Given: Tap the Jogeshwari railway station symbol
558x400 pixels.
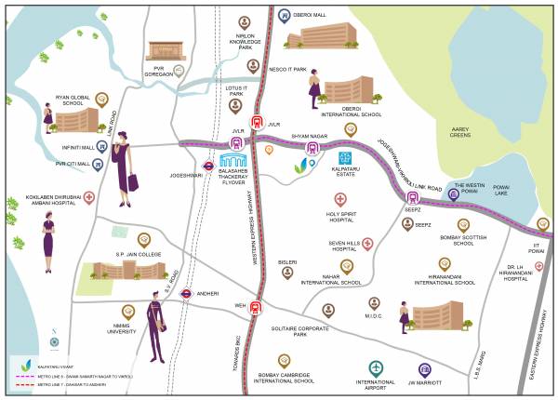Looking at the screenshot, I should tap(209, 168).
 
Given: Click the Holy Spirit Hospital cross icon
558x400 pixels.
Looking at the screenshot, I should tap(340, 199).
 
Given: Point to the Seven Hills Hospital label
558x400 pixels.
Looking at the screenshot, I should tap(343, 246).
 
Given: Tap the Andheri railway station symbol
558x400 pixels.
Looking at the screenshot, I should tap(186, 293).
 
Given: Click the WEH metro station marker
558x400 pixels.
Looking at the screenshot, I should tap(256, 308).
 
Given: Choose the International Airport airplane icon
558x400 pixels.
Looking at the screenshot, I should tap(375, 367).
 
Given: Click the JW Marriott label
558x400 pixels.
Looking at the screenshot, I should tap(423, 381).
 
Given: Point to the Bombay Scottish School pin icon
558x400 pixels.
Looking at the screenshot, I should tap(463, 225).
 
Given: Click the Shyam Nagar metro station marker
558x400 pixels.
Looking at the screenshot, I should tap(312, 147).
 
